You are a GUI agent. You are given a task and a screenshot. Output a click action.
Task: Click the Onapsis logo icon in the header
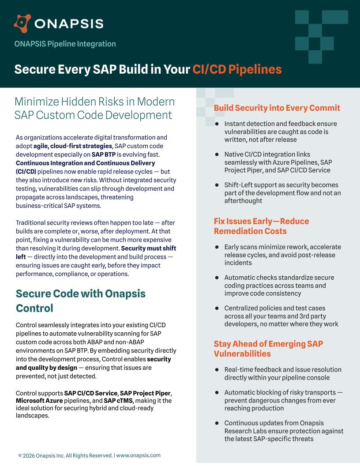[22, 23]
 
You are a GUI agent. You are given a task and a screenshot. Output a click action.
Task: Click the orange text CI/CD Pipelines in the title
[237, 69]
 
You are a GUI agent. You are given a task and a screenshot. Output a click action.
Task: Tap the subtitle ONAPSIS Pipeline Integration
[65, 44]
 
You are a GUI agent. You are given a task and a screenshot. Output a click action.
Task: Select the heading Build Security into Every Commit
[277, 108]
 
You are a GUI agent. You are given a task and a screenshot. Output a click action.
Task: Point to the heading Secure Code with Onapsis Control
[80, 301]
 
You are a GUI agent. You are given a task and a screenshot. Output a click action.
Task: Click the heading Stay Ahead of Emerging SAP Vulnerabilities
[268, 349]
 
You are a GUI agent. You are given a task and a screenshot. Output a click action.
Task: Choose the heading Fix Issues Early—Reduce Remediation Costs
[261, 226]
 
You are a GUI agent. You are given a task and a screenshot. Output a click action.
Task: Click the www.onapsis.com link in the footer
[138, 455]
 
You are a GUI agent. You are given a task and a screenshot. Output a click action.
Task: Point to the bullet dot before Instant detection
[217, 124]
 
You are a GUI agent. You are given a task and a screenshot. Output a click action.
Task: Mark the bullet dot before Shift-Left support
[217, 185]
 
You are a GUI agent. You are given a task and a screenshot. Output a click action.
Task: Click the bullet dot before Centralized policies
[217, 308]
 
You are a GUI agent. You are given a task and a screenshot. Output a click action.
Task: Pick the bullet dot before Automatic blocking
[217, 392]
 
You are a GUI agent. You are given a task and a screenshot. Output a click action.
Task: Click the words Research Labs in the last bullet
[246, 431]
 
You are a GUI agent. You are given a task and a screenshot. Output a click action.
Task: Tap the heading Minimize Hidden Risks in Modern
[94, 101]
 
